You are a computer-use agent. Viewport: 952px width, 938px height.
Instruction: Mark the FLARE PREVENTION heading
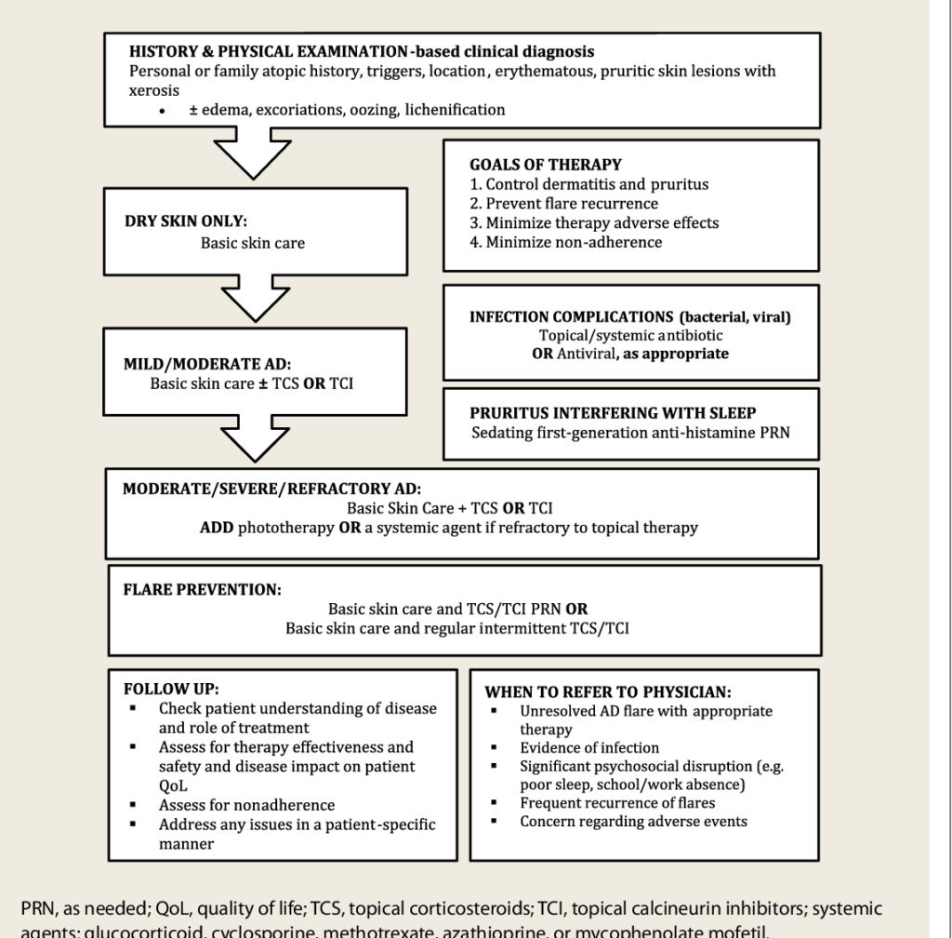pyautogui.click(x=202, y=589)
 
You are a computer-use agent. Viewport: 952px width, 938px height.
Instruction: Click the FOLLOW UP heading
pyautogui.click(x=164, y=691)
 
